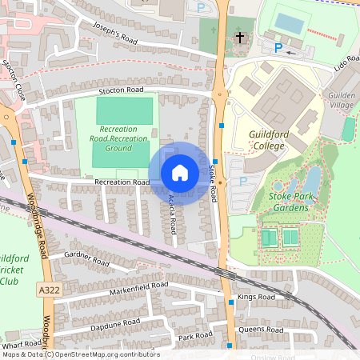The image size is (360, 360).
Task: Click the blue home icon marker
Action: (x=179, y=172)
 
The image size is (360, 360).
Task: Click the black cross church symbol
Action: (x=239, y=38)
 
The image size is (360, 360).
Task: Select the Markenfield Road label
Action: (x=139, y=286)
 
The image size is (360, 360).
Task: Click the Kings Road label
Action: (x=255, y=297)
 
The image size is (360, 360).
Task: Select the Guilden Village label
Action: (x=342, y=99)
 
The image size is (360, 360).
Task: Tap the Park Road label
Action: (x=194, y=337)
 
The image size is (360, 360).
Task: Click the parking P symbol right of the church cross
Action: (x=278, y=48)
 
